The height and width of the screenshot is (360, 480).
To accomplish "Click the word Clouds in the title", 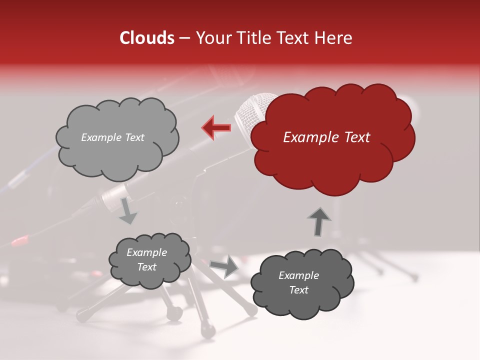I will click(147, 38).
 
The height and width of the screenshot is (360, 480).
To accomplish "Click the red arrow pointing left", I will click(216, 127).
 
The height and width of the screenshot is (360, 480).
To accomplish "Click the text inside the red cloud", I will click(326, 137).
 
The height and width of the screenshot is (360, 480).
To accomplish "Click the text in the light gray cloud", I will click(112, 137).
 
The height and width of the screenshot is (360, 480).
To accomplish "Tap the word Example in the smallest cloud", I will click(146, 252).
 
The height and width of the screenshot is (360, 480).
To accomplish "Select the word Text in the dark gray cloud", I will click(298, 290).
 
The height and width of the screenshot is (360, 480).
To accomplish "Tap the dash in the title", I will click(184, 38).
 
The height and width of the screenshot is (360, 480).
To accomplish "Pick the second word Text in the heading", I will click(297, 38).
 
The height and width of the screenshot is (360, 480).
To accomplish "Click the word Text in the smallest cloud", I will click(146, 267).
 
